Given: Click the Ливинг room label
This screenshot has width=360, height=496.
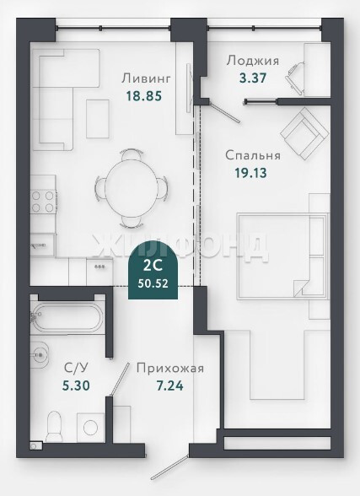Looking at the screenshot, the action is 146,78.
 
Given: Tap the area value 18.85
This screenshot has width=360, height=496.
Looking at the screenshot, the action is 144,95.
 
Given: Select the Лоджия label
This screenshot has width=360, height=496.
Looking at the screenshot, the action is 253,61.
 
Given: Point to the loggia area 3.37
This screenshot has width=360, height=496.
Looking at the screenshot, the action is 253,78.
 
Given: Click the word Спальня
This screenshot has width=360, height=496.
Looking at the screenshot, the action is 253,155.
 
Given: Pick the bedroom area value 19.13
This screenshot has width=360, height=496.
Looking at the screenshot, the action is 250,173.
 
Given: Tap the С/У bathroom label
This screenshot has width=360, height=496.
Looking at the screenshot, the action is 76,368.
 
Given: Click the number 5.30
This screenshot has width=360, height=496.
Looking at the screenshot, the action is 76,385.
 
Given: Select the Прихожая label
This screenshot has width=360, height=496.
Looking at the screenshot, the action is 170,369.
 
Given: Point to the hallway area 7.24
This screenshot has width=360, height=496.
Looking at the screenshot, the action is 170,386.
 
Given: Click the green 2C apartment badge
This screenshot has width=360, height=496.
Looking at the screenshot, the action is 153,271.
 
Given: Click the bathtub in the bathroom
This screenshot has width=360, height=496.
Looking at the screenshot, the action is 67,317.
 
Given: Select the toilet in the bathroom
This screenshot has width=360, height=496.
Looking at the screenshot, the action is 53,426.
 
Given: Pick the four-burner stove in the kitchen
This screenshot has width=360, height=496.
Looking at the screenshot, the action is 43,202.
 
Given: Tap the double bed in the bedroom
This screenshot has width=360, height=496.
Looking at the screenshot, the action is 282,256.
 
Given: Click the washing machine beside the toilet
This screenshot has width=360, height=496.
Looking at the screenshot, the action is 91,428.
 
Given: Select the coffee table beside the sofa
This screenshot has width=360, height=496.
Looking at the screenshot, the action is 98,119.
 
